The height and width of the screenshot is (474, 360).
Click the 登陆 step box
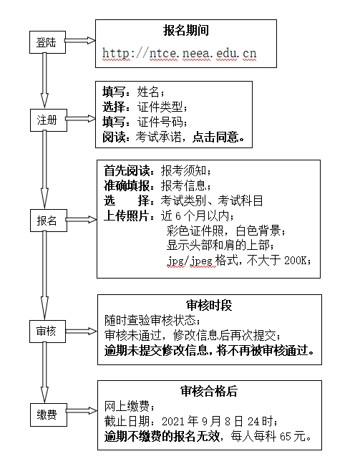click(x=47, y=42)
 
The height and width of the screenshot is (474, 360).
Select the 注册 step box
click(x=49, y=120)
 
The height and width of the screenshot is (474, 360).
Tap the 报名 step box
click(x=49, y=221)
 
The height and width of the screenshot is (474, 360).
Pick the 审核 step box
click(x=47, y=332)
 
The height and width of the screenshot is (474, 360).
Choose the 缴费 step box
click(x=49, y=415)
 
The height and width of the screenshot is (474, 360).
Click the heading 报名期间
click(x=186, y=31)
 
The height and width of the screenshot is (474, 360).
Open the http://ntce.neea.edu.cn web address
click(x=179, y=53)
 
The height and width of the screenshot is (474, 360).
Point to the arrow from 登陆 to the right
click(x=80, y=40)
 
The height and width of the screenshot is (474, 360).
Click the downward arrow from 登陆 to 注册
click(x=44, y=80)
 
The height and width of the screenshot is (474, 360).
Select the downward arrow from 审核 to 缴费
click(x=44, y=372)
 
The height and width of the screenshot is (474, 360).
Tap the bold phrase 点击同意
click(x=215, y=137)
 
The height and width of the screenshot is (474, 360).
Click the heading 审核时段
click(x=209, y=305)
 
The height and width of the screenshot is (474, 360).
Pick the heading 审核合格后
click(x=209, y=391)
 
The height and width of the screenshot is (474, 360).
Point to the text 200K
click(x=296, y=261)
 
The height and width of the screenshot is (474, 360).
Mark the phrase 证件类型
click(x=160, y=107)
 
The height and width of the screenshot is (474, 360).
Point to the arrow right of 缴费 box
click(x=82, y=410)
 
